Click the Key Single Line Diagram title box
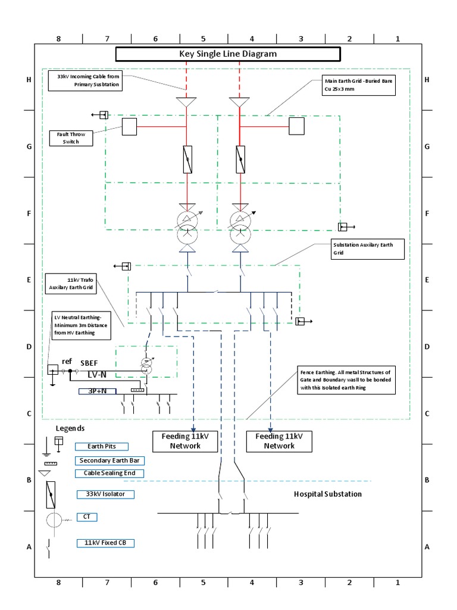228,54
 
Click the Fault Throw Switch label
72,138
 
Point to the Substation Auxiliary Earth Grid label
368,249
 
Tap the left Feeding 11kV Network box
185,441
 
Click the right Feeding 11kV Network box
279,441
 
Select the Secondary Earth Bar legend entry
109,460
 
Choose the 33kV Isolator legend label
105,494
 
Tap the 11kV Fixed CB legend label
105,543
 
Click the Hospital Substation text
327,494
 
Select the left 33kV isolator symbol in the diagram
187,160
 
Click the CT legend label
87,517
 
